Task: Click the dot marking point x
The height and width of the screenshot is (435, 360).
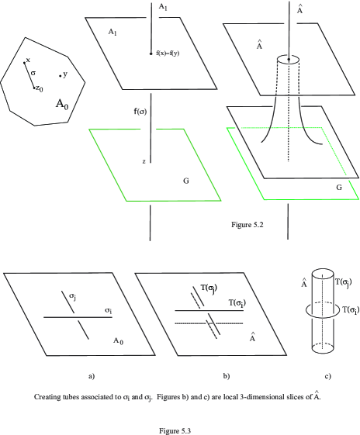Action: click(24, 63)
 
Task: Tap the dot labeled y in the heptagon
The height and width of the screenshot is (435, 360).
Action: click(60, 76)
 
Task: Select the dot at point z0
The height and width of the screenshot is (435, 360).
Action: click(34, 88)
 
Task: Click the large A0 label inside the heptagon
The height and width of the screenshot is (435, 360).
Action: click(62, 105)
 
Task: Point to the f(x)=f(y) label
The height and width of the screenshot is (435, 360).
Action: click(168, 54)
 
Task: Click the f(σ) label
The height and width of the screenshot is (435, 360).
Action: click(140, 112)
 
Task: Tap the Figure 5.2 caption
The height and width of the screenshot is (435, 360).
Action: click(247, 224)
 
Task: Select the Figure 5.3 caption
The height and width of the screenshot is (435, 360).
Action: click(175, 431)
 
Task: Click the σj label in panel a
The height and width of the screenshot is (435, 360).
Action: click(73, 296)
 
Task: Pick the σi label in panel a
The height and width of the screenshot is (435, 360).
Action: click(109, 310)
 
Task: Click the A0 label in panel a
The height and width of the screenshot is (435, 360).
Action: click(118, 340)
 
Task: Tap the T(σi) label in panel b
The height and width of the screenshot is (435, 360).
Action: click(237, 302)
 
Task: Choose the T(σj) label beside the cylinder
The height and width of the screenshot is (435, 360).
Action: click(344, 282)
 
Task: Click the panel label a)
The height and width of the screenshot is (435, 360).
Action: click(92, 376)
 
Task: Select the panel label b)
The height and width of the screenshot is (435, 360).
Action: click(227, 376)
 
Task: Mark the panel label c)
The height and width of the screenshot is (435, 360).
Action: click(328, 376)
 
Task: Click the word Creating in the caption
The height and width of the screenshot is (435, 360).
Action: click(45, 397)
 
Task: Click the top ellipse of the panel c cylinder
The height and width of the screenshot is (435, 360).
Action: click(322, 268)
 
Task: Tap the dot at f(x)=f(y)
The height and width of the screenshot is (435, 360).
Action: click(151, 54)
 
